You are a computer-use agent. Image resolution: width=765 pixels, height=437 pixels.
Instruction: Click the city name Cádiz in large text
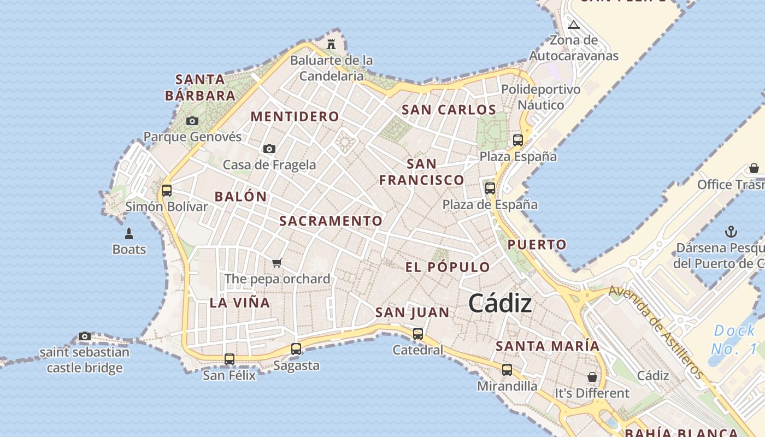tap(500, 303)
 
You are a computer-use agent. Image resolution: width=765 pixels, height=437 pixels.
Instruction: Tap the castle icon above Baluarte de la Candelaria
tap(331, 44)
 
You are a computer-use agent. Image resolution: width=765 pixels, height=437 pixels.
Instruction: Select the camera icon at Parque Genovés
tap(192, 121)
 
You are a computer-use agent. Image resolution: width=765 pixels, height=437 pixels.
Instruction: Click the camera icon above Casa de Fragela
tap(269, 149)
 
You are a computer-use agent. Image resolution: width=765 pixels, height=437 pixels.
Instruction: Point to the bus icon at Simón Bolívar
tap(167, 191)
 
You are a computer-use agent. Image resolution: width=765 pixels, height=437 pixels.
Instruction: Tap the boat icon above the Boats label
tap(129, 234)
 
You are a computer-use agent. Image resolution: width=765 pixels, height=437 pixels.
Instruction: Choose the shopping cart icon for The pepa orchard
tap(277, 263)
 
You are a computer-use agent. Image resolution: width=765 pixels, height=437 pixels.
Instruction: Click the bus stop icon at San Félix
tap(229, 359)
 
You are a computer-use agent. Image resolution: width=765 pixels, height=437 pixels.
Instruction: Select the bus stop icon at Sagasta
tap(296, 349)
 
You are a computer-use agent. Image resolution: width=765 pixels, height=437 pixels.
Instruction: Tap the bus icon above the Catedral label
tap(418, 333)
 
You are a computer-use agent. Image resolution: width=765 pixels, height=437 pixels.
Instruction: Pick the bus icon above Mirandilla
tap(507, 370)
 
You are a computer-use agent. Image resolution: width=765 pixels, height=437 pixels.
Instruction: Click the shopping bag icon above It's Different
tap(592, 377)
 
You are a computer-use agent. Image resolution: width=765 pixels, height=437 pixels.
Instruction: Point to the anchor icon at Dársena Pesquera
tap(731, 232)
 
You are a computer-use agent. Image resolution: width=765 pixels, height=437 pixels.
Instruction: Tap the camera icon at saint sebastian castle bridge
tap(85, 336)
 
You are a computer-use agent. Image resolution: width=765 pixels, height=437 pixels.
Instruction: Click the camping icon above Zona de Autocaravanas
tap(573, 24)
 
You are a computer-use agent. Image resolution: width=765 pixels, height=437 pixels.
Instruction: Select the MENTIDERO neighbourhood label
tap(295, 116)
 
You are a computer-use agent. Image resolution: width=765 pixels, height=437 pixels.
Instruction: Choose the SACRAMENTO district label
tap(331, 221)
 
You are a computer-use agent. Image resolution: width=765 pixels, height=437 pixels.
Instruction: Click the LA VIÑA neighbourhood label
tap(240, 302)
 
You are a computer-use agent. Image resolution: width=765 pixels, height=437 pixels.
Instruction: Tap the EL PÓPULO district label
tap(448, 267)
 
